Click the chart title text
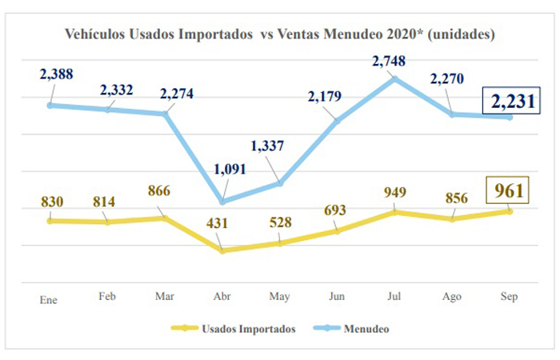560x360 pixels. pyautogui.click(x=278, y=35)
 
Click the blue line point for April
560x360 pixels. pyautogui.click(x=222, y=202)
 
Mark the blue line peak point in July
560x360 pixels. pyautogui.click(x=394, y=78)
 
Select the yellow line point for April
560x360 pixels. pyautogui.click(x=222, y=250)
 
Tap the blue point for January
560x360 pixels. pyautogui.click(x=50, y=105)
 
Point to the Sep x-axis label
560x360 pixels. pyautogui.click(x=509, y=297)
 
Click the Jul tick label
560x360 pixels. pyautogui.click(x=394, y=297)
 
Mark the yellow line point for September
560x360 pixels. pyautogui.click(x=509, y=211)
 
